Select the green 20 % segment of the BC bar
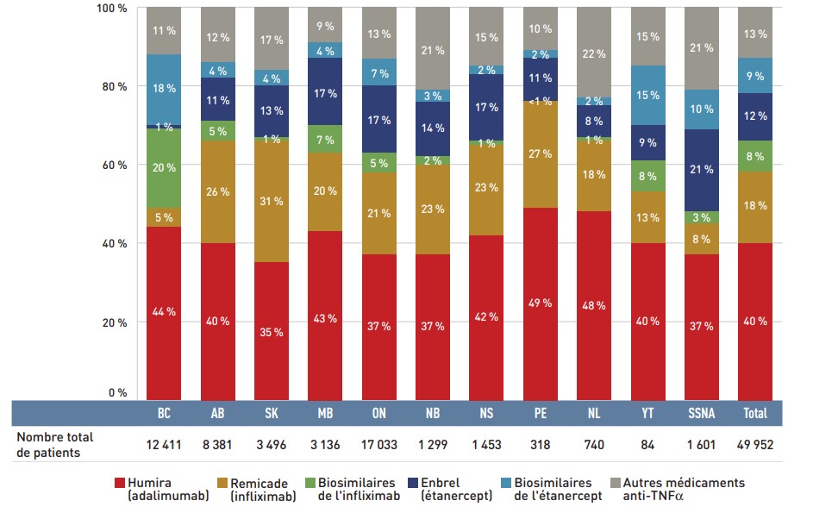click(164, 168)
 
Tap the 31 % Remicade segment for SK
click(272, 201)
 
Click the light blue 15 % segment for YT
click(649, 95)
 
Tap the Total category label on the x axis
click(755, 413)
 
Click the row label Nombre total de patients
click(55, 444)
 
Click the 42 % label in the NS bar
click(487, 316)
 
